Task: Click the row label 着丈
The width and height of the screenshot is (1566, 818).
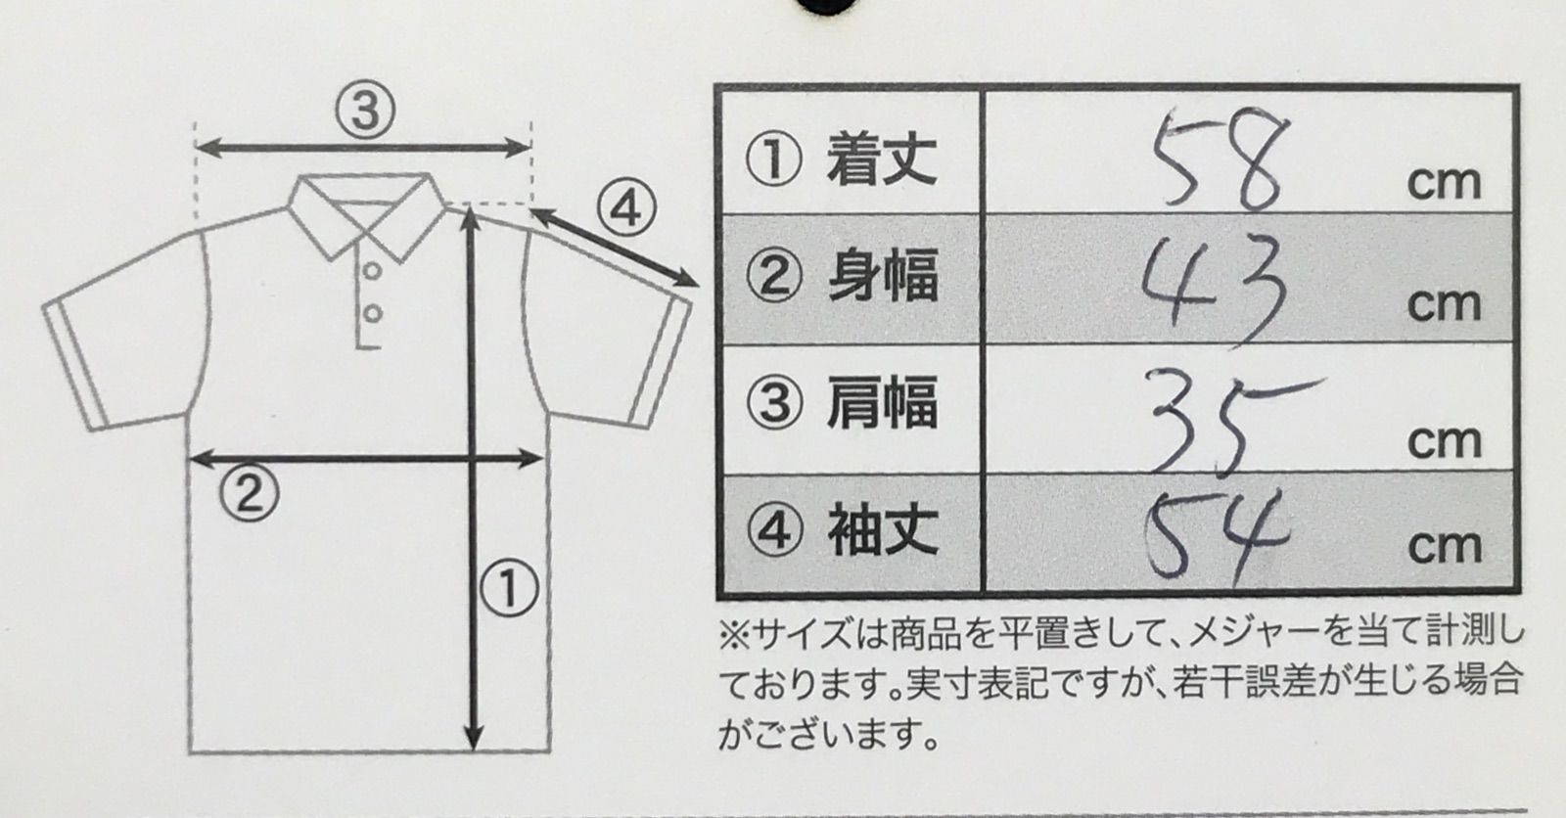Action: (x=882, y=160)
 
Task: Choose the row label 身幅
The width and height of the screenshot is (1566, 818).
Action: (x=883, y=277)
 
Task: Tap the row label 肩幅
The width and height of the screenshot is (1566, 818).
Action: (x=882, y=403)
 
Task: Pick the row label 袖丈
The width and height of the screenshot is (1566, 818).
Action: (x=883, y=530)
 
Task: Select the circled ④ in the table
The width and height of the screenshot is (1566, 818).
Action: (x=774, y=530)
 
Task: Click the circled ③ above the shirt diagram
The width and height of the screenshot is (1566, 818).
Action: (x=365, y=111)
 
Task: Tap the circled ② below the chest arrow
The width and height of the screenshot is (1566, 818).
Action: (x=250, y=492)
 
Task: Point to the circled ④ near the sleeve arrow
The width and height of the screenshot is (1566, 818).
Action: (x=626, y=208)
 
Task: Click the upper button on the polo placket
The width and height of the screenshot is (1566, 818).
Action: (x=373, y=270)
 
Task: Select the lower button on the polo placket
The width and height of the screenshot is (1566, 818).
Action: (x=373, y=313)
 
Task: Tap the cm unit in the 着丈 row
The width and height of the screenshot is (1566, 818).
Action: (x=1444, y=182)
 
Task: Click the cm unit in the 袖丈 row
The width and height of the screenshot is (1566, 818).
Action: (x=1445, y=547)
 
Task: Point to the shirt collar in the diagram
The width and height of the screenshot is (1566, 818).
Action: (x=368, y=217)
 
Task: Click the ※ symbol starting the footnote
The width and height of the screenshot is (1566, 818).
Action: (x=735, y=636)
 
